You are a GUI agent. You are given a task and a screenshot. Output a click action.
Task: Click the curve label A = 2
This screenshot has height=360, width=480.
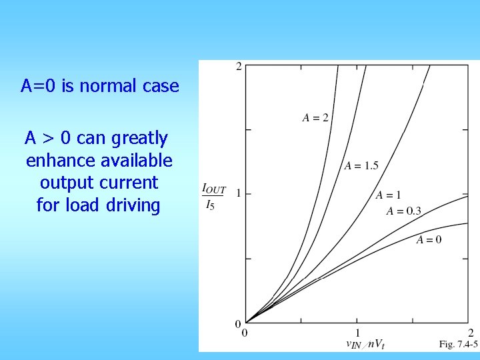[x=315, y=118]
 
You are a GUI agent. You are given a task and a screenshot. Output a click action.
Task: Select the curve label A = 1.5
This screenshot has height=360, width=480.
[x=361, y=166]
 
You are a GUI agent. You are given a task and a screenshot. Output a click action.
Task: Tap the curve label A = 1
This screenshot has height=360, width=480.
[x=388, y=195]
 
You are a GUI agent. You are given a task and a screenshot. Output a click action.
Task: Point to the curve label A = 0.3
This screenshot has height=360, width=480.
[x=404, y=211]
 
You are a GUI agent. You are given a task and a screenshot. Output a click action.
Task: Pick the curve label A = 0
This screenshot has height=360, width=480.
[x=429, y=240]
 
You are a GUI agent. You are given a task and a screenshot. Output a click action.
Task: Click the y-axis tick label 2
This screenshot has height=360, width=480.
[x=239, y=66]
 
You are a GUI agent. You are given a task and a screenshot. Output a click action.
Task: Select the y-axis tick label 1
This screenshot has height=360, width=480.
[x=238, y=194]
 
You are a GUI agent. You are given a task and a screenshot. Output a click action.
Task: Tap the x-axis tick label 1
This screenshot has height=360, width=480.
[x=357, y=332]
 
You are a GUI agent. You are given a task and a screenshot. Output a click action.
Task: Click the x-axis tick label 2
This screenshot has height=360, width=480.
[x=470, y=332]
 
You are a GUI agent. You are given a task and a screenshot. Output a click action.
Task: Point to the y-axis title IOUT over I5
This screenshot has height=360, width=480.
[x=214, y=197]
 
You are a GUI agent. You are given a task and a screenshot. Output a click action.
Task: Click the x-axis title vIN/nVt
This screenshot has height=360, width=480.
[x=365, y=344]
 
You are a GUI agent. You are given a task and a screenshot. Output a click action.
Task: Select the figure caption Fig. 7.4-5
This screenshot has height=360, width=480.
[x=458, y=344]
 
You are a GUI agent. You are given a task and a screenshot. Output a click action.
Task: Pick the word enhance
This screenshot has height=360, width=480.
[x=57, y=161]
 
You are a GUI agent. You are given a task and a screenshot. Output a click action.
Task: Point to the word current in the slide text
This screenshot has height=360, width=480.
[x=127, y=183]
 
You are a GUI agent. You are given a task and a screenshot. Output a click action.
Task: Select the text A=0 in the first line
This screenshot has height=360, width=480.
[x=39, y=86]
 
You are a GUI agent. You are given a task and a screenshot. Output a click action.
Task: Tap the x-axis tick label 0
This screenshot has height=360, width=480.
[x=245, y=332]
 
